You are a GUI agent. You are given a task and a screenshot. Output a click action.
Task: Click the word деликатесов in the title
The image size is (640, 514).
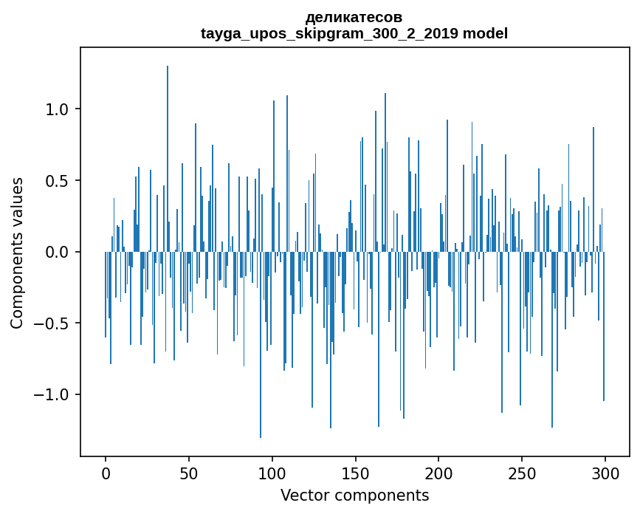click(354, 17)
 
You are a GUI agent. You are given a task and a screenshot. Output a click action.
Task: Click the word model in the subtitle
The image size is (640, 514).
click(485, 33)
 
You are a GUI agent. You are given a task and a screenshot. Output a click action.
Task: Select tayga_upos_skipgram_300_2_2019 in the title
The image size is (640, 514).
click(329, 34)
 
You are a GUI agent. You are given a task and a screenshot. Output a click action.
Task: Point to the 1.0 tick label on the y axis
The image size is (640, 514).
click(57, 109)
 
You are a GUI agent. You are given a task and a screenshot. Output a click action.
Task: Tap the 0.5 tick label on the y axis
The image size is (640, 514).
click(57, 181)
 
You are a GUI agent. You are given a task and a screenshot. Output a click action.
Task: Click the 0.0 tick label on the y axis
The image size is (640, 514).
click(57, 253)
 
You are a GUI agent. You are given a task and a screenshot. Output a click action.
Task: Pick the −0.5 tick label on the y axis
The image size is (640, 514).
click(51, 323)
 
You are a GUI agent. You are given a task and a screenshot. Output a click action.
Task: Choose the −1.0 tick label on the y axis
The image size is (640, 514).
click(51, 395)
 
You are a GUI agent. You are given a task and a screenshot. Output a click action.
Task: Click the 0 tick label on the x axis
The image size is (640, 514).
click(106, 474)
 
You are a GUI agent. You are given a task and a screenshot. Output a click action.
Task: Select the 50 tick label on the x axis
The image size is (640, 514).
click(188, 474)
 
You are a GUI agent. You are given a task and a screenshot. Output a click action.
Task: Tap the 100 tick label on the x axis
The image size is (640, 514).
click(272, 474)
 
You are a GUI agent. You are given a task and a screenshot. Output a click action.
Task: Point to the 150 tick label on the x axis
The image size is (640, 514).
click(355, 474)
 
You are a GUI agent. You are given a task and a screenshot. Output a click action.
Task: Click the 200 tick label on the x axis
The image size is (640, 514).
click(438, 474)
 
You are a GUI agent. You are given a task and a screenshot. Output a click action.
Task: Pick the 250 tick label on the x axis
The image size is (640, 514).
click(522, 474)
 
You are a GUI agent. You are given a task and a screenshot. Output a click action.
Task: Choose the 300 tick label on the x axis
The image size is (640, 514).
click(605, 474)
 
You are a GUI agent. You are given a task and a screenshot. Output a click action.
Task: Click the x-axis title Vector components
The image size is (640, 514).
click(354, 496)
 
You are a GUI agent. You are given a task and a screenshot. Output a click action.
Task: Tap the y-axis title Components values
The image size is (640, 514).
click(17, 253)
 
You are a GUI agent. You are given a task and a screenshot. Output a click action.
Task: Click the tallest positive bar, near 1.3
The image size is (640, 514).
click(168, 159)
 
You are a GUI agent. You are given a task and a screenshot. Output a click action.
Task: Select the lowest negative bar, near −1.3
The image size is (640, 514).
click(261, 345)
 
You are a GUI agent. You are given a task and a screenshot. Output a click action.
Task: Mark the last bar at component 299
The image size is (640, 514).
click(604, 326)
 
